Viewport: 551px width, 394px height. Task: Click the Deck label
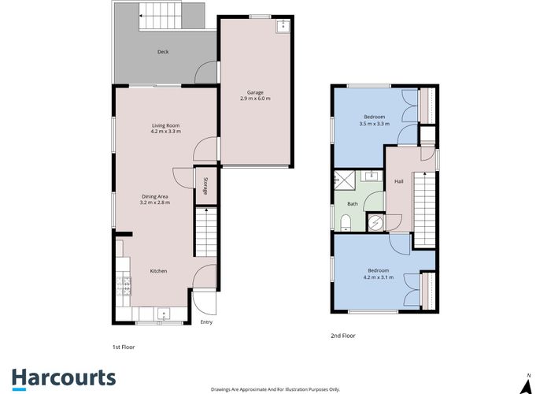pyautogui.click(x=163, y=52)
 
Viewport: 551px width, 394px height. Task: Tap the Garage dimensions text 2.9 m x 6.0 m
pyautogui.click(x=255, y=98)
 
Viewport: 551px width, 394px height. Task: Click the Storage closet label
pyautogui.click(x=205, y=186)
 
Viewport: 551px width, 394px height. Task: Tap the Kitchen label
pyautogui.click(x=159, y=271)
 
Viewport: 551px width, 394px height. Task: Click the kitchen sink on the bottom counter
pyautogui.click(x=164, y=313)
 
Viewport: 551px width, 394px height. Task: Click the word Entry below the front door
pyautogui.click(x=206, y=322)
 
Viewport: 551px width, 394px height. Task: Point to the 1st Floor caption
pyautogui.click(x=125, y=346)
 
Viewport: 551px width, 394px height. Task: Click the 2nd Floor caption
pyautogui.click(x=342, y=336)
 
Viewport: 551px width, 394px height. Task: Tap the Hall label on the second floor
pyautogui.click(x=398, y=181)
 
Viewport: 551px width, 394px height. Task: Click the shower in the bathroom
pyautogui.click(x=344, y=180)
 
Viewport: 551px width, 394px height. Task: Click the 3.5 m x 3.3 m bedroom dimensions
pyautogui.click(x=375, y=123)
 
